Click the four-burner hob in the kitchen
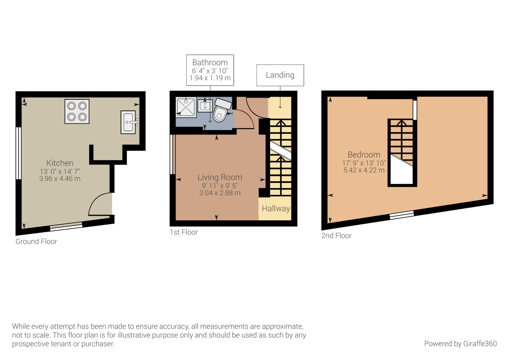[x=77, y=111]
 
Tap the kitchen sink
[x=128, y=122]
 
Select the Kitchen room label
[x=60, y=163]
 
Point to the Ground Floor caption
[x=36, y=242]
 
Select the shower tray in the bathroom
[x=185, y=107]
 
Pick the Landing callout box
[x=280, y=75]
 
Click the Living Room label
[x=220, y=177]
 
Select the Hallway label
[x=276, y=208]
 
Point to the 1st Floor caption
[x=184, y=232]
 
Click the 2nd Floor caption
[x=336, y=236]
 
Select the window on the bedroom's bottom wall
[x=401, y=215]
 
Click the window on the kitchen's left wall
[x=18, y=153]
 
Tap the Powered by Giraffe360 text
[x=460, y=343]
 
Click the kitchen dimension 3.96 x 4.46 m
[x=60, y=179]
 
